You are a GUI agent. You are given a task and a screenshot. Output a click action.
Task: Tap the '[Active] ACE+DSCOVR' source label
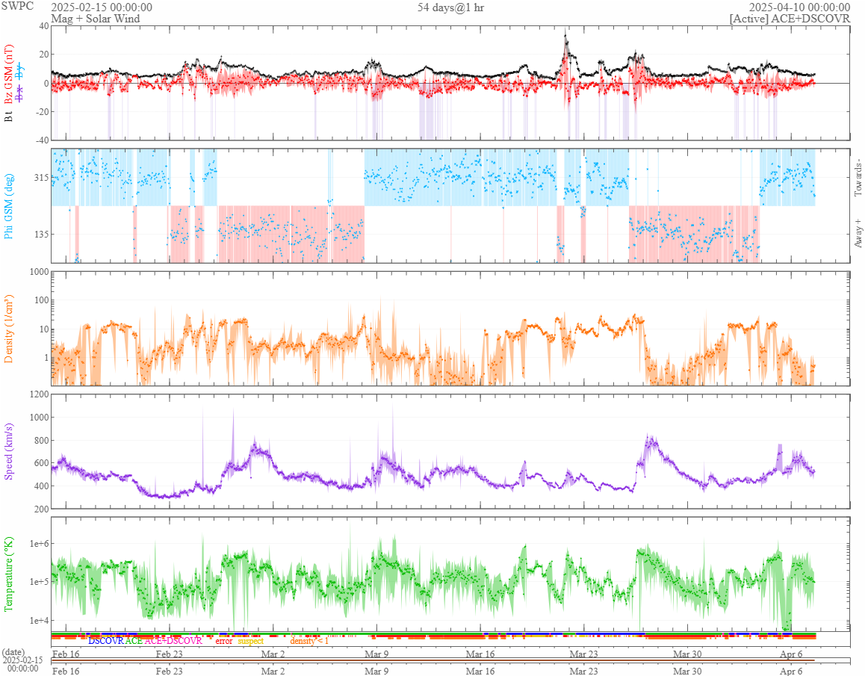click(x=790, y=19)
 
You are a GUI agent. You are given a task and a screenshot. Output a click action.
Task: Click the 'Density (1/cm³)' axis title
click(x=10, y=329)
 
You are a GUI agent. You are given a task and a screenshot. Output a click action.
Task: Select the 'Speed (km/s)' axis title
click(x=10, y=452)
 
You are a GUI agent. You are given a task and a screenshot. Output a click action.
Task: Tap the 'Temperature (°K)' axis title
click(x=10, y=574)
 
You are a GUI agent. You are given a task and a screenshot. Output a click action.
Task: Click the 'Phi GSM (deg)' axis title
click(x=10, y=205)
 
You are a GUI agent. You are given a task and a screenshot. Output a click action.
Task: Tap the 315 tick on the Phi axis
click(x=40, y=178)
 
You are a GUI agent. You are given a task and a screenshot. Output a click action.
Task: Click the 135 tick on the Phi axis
click(x=40, y=234)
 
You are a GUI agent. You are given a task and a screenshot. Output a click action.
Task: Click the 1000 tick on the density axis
click(x=37, y=272)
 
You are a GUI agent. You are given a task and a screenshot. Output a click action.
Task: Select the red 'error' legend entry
click(x=224, y=641)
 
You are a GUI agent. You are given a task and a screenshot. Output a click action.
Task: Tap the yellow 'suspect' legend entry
click(x=250, y=641)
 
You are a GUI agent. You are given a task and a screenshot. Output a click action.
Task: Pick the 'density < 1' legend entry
click(x=309, y=641)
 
